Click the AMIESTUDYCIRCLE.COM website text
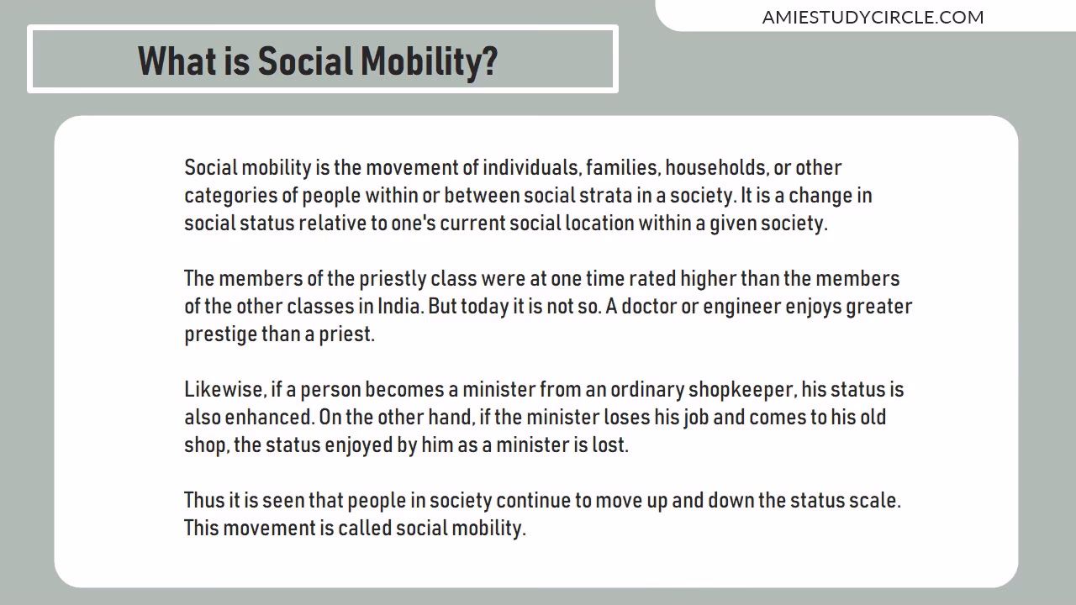coord(873,17)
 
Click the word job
coord(696,418)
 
